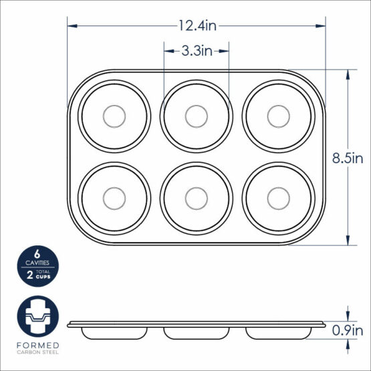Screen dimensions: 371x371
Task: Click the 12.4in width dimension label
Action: tap(197, 25)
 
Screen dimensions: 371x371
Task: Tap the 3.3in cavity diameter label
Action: tap(197, 50)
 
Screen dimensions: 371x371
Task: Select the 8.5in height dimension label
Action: tap(348, 158)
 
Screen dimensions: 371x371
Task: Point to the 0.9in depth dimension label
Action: tap(348, 329)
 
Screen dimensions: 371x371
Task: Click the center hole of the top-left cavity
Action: tap(114, 116)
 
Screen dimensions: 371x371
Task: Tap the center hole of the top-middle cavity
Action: tap(196, 116)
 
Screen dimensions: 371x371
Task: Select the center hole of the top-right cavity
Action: tap(277, 116)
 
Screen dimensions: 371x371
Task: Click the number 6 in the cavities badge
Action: tap(37, 255)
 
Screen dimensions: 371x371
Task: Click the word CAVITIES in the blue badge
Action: tap(37, 264)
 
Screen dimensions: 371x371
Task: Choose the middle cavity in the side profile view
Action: tap(196, 332)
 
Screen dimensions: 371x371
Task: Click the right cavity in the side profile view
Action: tap(277, 332)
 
